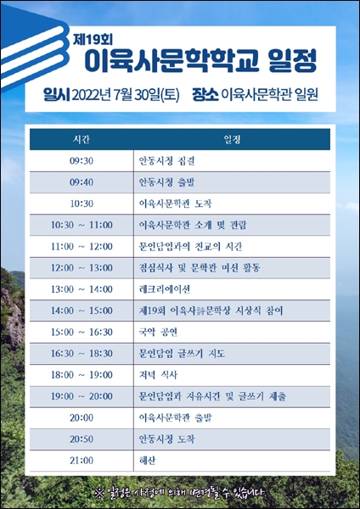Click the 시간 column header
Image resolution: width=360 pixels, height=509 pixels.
[x=82, y=140]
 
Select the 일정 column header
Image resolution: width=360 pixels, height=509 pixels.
[x=232, y=140]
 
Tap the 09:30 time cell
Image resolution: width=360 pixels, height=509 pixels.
[x=82, y=161]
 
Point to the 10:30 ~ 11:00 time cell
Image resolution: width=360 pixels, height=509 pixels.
[x=82, y=225]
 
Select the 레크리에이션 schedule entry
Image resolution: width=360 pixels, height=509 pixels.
[x=165, y=289]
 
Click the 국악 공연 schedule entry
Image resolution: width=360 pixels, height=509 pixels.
[x=158, y=332]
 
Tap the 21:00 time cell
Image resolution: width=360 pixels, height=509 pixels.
[x=82, y=461]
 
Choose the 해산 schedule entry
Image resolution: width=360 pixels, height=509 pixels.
[x=147, y=461]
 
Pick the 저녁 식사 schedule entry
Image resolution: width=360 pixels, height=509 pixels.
[x=158, y=375]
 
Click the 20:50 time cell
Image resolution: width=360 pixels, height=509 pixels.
[x=82, y=439]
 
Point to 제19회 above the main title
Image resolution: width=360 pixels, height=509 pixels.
[x=93, y=40]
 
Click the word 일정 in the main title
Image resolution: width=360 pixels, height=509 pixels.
[x=292, y=61]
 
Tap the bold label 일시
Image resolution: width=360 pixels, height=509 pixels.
[x=57, y=94]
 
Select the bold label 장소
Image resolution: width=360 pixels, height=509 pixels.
[x=205, y=94]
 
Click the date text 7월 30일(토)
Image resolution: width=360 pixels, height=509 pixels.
[x=147, y=95]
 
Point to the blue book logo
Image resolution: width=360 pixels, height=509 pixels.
[x=34, y=48]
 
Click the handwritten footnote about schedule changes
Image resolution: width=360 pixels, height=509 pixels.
[x=181, y=494]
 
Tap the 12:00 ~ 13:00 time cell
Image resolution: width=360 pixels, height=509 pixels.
[x=82, y=268]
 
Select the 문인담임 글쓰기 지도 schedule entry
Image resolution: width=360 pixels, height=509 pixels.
[x=182, y=354]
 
